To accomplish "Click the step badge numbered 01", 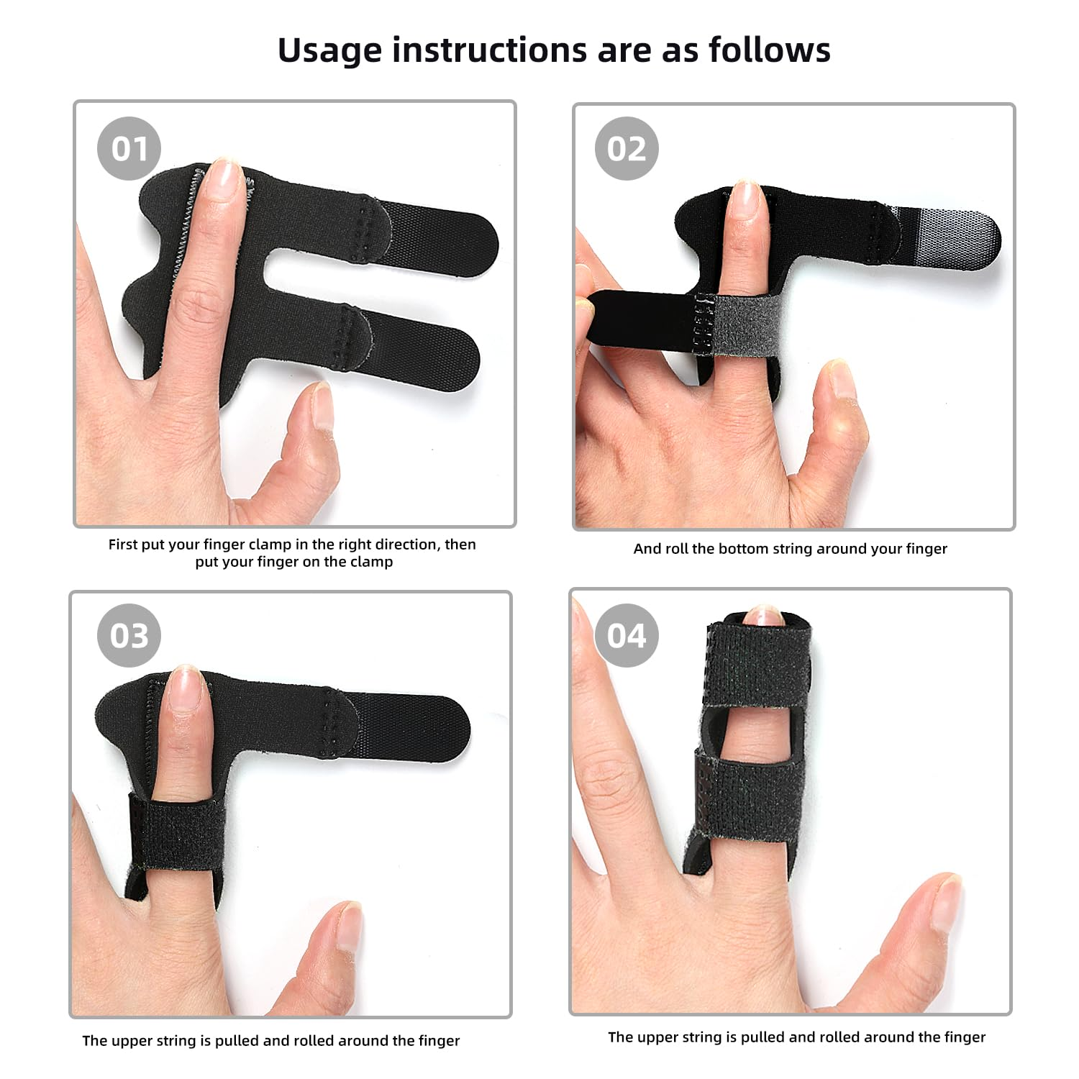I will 129,149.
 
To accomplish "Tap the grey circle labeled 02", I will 627,149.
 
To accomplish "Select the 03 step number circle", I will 129,636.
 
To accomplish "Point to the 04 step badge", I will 627,636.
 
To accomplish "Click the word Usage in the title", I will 329,50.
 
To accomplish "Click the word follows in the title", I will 769,50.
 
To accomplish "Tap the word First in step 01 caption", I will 123,545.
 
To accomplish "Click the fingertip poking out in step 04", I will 763,616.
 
